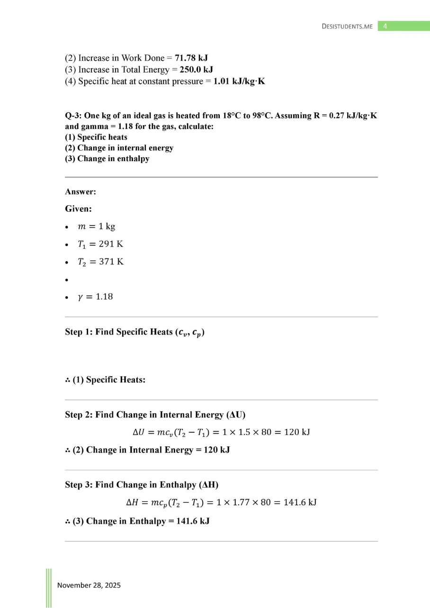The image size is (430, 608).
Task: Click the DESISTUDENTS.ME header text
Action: [x=347, y=27]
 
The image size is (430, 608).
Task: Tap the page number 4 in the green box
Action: [x=385, y=26]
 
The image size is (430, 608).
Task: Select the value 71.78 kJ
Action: [x=191, y=58]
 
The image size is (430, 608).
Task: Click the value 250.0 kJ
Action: [x=196, y=70]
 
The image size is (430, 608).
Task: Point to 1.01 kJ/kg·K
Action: [x=239, y=82]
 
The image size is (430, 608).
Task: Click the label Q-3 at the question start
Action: [x=73, y=116]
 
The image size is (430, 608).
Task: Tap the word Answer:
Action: [x=81, y=192]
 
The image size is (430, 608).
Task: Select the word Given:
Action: [x=78, y=209]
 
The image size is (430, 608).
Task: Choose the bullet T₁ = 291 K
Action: [x=100, y=244]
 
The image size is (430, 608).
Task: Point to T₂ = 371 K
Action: [x=100, y=262]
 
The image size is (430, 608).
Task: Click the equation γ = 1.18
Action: [x=95, y=297]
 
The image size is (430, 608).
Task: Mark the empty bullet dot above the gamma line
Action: [x=67, y=280]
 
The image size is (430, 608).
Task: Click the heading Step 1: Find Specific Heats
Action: [x=134, y=332]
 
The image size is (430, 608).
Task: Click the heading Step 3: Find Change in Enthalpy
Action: [x=142, y=485]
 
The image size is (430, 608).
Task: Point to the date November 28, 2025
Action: [x=89, y=585]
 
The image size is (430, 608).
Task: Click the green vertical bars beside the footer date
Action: [x=49, y=588]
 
